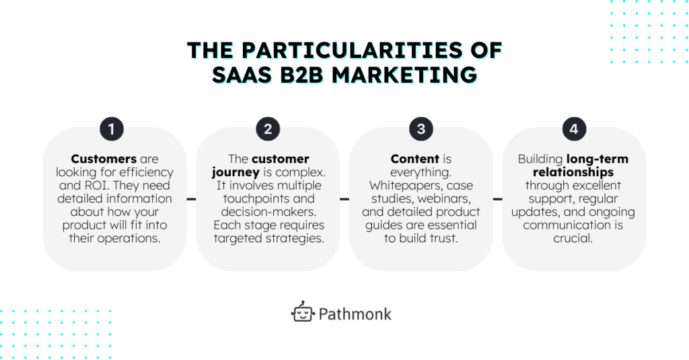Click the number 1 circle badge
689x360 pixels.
115,129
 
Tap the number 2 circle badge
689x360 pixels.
268,129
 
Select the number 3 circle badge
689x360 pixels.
421,129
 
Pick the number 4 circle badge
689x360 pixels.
574,129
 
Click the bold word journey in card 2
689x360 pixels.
232,172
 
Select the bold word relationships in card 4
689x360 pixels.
574,172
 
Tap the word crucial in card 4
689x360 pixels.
574,238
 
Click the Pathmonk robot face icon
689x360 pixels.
303,312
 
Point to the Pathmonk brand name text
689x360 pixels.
354,314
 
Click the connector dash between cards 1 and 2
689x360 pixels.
191,199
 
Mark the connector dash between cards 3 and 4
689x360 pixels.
498,199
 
